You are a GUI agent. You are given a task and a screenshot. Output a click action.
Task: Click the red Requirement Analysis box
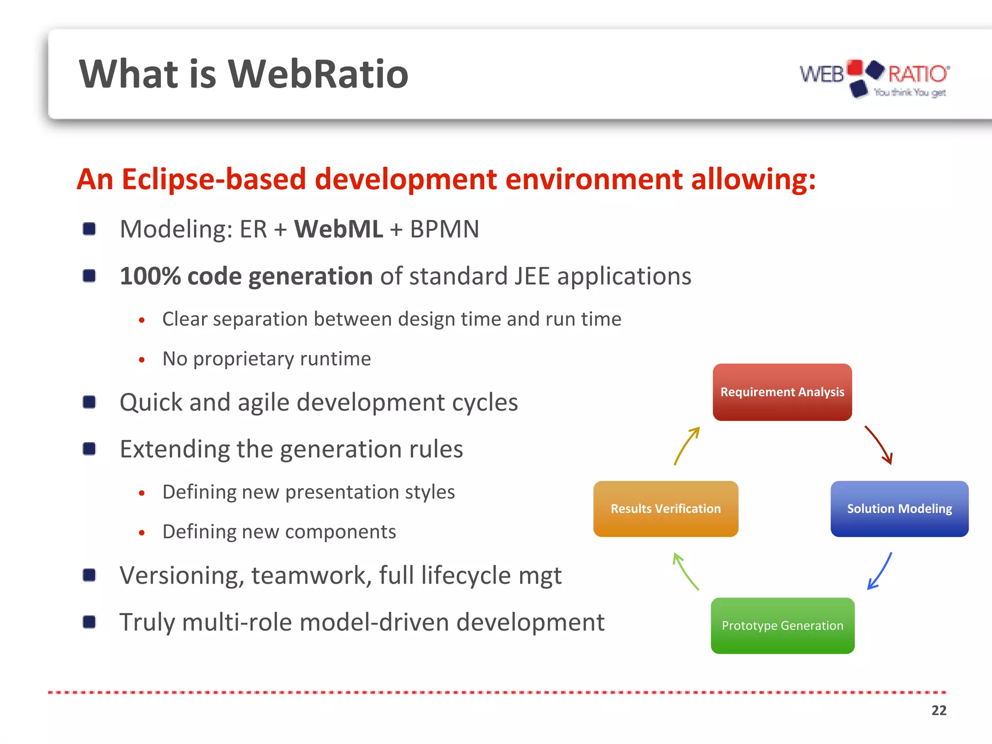(782, 392)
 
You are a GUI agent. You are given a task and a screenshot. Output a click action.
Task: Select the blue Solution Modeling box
(899, 509)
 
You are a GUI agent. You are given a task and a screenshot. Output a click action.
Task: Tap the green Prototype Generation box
(782, 625)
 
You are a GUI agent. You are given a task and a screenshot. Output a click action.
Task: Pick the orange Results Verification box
(666, 509)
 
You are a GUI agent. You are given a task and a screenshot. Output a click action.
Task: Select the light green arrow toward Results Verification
(685, 572)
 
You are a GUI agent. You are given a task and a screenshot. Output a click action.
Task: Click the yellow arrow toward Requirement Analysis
(687, 445)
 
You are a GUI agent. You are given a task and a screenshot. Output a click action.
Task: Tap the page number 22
(938, 710)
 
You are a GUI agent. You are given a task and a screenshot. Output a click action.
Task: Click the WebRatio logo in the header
(874, 77)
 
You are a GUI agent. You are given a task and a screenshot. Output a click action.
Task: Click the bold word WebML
(338, 229)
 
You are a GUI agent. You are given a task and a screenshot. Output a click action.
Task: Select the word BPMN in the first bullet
(444, 229)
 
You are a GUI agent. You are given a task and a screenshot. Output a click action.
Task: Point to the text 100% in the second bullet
(150, 276)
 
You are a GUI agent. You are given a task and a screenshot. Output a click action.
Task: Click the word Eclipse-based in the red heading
(214, 179)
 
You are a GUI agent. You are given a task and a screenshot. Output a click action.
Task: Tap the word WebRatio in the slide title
(318, 74)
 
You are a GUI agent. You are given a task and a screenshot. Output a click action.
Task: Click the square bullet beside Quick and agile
(89, 402)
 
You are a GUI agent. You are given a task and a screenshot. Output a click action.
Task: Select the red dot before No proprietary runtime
(141, 360)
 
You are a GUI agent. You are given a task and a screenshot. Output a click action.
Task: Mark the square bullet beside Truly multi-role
(89, 622)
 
